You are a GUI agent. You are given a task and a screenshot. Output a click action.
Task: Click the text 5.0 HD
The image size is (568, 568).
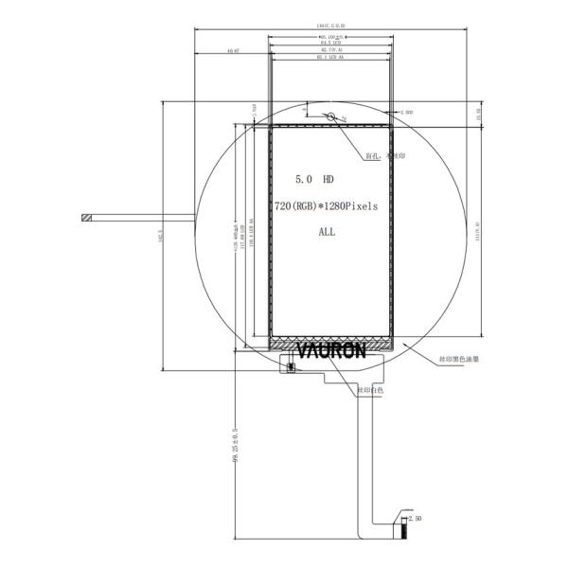(x=314, y=179)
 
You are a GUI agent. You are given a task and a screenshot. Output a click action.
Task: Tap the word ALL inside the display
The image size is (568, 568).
(x=327, y=231)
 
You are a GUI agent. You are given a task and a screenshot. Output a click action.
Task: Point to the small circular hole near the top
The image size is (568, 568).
(x=332, y=117)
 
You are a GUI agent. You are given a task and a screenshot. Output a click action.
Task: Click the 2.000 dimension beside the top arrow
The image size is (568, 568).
(x=408, y=112)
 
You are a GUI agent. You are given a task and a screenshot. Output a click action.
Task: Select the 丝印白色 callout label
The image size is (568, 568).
(x=370, y=389)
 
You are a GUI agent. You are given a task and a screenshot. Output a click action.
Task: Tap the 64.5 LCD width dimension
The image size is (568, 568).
(x=330, y=42)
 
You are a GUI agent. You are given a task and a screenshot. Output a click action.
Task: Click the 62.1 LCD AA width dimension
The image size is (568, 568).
(x=330, y=57)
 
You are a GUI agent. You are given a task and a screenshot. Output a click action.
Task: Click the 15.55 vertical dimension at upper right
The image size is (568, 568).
(x=478, y=113)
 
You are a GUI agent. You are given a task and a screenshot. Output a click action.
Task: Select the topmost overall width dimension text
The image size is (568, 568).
(x=331, y=26)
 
